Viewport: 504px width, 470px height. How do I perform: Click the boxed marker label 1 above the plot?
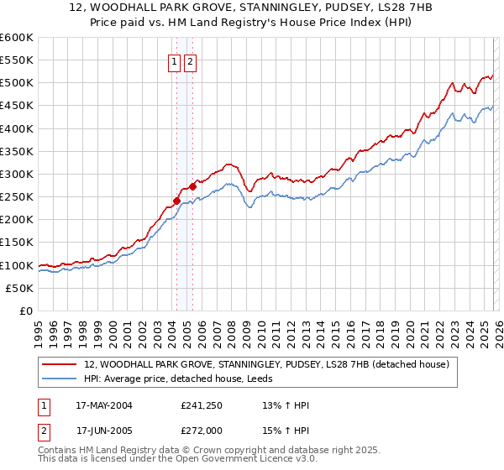click(x=175, y=61)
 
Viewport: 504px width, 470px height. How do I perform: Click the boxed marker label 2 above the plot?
click(x=190, y=61)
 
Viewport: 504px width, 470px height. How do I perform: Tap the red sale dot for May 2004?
click(x=176, y=201)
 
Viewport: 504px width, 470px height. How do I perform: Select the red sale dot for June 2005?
click(x=192, y=186)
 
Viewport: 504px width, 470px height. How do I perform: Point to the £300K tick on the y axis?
click(x=17, y=174)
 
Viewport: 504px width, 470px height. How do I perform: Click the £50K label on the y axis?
click(x=19, y=288)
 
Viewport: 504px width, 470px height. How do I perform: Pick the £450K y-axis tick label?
click(x=17, y=106)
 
